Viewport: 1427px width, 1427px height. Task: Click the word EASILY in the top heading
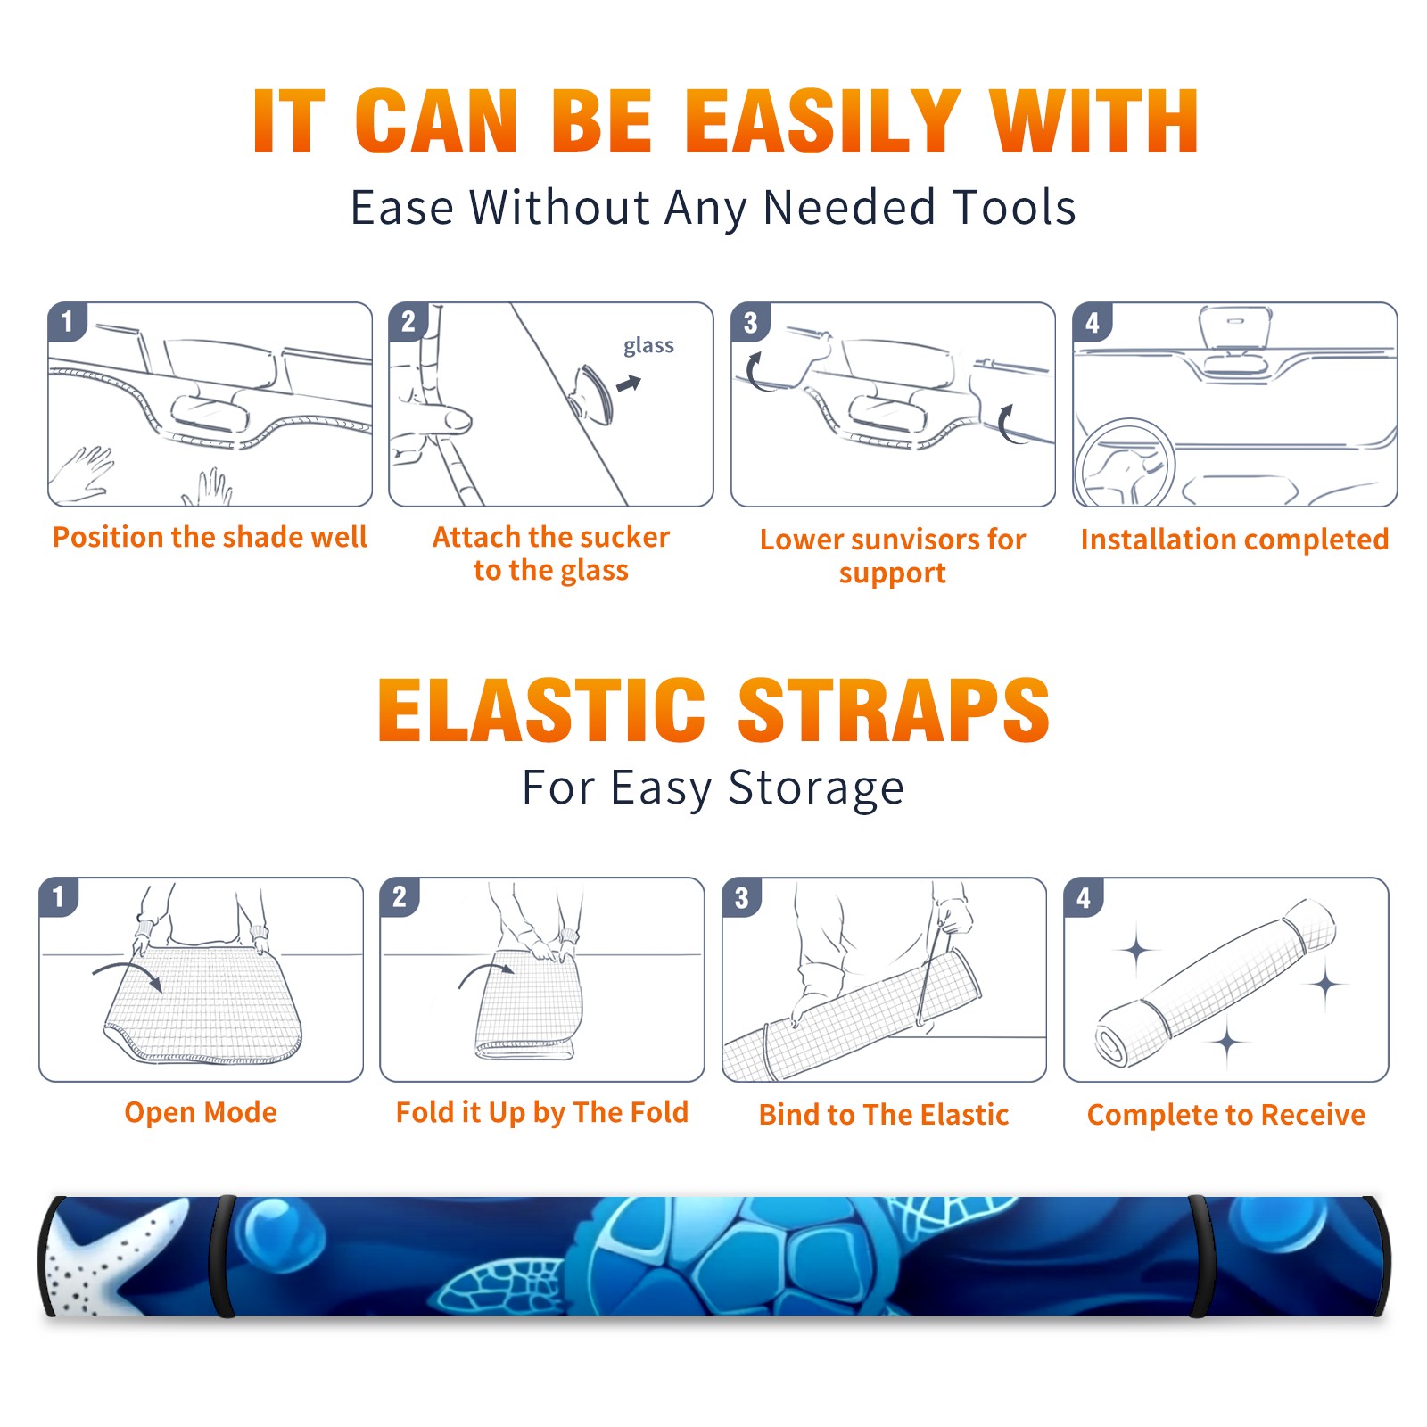coord(822,121)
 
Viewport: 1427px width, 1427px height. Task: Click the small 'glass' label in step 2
coord(648,346)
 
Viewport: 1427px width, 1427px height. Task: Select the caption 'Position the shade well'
coord(210,537)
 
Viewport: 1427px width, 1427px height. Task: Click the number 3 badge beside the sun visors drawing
coord(751,323)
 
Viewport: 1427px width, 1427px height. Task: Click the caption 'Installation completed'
coord(1234,540)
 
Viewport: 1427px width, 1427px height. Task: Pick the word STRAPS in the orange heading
coord(894,710)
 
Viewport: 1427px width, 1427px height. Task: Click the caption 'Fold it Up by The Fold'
coord(542,1113)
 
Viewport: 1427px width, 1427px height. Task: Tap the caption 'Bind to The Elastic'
coord(884,1115)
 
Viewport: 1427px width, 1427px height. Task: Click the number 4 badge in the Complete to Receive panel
coord(1084,897)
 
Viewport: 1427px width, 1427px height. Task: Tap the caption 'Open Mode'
coord(201,1113)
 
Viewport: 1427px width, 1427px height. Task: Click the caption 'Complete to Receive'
coord(1226,1115)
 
